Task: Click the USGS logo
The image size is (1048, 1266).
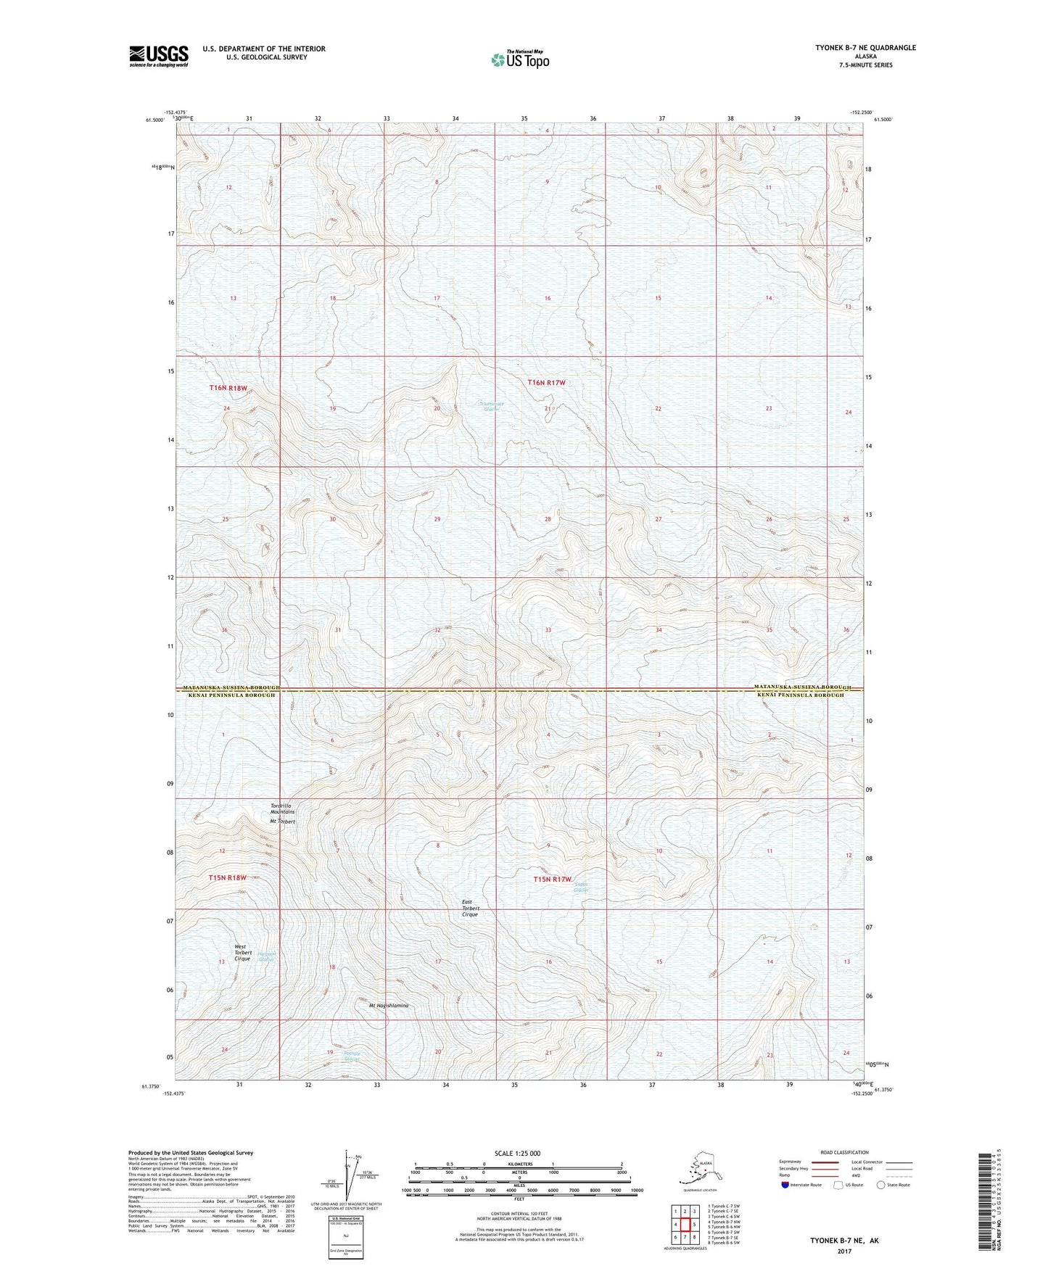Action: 159,56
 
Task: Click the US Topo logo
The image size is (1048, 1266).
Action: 520,59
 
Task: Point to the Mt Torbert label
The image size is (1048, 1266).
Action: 283,822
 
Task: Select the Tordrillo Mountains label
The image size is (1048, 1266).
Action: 282,808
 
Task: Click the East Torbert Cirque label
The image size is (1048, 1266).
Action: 470,909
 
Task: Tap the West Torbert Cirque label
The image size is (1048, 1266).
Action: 242,952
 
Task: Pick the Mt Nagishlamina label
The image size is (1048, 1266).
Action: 389,1006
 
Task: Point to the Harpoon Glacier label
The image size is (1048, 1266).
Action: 268,956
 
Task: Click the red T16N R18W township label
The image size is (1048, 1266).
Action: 228,388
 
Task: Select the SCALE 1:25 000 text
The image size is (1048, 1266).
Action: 517,1153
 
